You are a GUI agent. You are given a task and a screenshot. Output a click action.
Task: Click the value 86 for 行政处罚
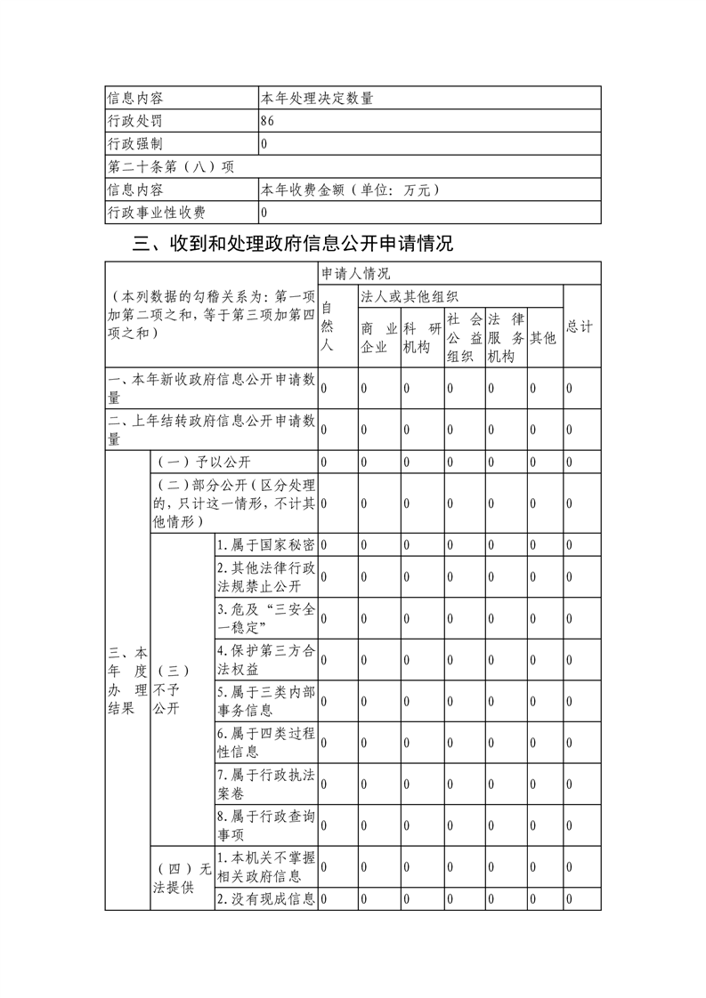click(x=268, y=120)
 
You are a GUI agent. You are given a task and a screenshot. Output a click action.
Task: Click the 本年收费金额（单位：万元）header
click(x=350, y=189)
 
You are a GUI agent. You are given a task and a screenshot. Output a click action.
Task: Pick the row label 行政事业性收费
click(x=156, y=213)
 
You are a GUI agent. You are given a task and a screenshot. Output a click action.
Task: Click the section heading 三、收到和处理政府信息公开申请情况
click(x=292, y=244)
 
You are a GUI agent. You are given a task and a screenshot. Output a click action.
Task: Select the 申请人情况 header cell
click(x=356, y=273)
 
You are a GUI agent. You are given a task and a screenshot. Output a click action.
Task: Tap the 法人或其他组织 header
click(x=409, y=296)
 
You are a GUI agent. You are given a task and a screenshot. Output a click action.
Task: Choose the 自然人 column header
click(x=327, y=326)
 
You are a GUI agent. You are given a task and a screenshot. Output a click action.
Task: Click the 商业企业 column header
click(x=378, y=338)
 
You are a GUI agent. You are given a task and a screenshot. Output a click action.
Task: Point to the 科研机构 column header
click(x=422, y=338)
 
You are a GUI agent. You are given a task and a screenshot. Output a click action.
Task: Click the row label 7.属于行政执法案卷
click(x=265, y=784)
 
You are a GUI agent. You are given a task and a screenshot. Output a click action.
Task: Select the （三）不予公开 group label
click(x=172, y=688)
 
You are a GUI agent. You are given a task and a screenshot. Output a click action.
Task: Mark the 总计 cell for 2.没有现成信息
click(x=580, y=899)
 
